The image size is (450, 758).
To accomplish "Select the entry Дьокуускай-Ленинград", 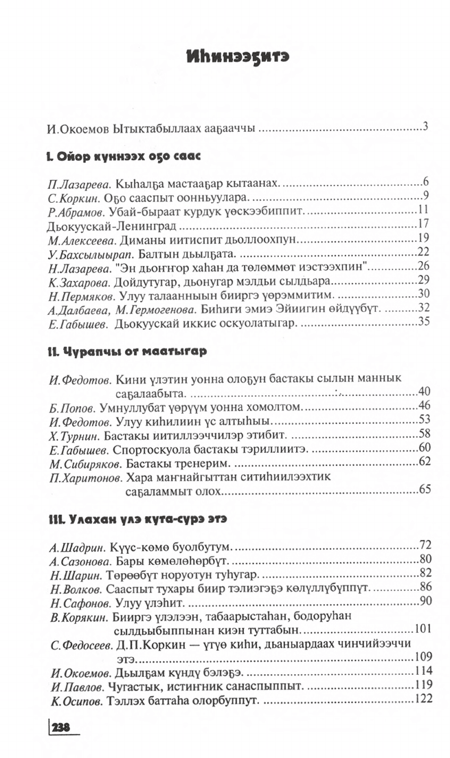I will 113,225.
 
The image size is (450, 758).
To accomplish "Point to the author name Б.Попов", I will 73,408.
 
